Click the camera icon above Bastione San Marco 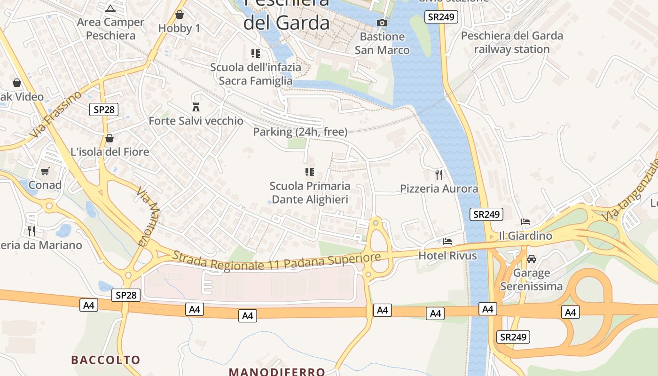382,23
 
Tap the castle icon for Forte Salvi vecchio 196,107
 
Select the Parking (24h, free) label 300,132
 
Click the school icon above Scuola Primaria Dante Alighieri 309,172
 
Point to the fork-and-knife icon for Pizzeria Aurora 439,175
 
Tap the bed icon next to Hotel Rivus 447,242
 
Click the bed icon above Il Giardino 525,222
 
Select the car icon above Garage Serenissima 532,259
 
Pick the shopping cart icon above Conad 45,171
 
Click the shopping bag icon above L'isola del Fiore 110,138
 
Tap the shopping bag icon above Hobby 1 179,15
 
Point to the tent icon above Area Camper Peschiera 110,8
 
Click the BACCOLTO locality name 106,360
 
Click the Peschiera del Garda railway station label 512,42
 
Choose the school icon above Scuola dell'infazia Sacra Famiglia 256,54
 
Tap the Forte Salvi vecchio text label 196,121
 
